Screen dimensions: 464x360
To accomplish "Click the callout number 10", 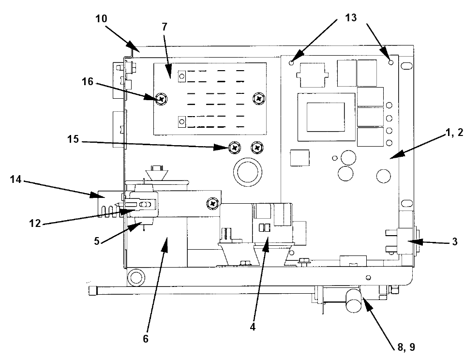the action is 101,19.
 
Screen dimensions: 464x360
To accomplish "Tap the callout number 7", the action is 165,27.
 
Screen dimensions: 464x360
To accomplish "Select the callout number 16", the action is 88,81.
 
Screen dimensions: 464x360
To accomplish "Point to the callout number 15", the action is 73,139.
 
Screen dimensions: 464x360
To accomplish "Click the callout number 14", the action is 15,179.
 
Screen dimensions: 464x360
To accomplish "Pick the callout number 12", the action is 35,223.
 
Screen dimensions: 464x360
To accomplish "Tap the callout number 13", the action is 351,18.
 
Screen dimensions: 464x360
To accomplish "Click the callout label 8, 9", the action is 406,347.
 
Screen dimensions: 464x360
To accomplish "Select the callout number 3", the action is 455,242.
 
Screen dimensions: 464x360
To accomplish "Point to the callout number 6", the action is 146,339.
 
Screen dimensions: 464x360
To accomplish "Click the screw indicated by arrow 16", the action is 162,98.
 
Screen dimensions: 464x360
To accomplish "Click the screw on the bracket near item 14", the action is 213,203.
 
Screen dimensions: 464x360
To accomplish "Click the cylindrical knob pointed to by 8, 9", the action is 354,300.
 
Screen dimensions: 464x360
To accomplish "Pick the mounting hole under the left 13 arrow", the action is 291,62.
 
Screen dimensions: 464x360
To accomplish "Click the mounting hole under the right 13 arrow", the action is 391,62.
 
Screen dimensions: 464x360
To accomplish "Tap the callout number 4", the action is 253,327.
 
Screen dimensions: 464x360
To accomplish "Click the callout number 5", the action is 97,241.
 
